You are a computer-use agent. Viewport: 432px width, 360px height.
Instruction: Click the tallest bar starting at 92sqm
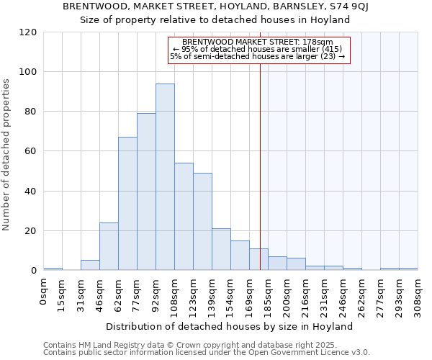tap(165, 177)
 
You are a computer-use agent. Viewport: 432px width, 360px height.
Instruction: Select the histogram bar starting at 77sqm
tap(146, 192)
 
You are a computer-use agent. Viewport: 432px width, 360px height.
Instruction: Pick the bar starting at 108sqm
tap(184, 217)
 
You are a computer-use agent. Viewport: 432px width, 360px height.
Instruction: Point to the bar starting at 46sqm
tap(109, 246)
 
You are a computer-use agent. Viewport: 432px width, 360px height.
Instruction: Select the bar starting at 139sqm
tap(221, 249)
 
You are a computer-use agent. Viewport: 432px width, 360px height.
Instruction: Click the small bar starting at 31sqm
tap(90, 265)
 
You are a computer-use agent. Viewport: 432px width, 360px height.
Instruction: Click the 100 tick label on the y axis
tap(28, 72)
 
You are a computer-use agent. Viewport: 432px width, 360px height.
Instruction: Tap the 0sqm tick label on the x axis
tap(44, 292)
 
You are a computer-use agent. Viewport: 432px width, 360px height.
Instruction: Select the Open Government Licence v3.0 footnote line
tap(207, 352)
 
